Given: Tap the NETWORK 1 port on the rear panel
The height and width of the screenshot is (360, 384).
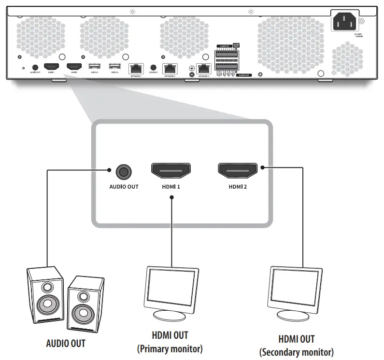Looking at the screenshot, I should pyautogui.click(x=136, y=69).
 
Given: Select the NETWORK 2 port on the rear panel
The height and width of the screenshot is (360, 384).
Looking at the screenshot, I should pyautogui.click(x=170, y=69).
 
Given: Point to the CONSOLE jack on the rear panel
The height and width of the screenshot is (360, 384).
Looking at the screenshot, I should pyautogui.click(x=154, y=69).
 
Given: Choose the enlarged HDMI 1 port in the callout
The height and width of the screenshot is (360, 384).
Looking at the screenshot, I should pyautogui.click(x=171, y=170).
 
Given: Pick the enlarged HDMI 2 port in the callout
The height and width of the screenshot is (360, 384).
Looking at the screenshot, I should pyautogui.click(x=238, y=170).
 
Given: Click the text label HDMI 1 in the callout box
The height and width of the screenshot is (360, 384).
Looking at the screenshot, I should pyautogui.click(x=171, y=186).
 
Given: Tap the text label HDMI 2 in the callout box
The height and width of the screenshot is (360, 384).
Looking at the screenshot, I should pyautogui.click(x=238, y=186).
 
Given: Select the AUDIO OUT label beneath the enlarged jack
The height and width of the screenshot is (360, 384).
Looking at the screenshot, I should pyautogui.click(x=124, y=186).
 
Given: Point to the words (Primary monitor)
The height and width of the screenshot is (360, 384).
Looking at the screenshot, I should pyautogui.click(x=170, y=348).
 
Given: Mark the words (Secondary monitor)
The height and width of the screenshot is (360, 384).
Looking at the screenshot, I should pyautogui.click(x=297, y=352).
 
